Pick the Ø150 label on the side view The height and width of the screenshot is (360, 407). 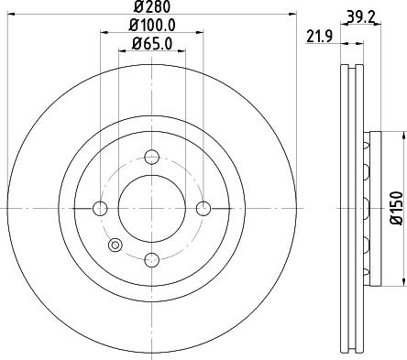(x=397, y=209)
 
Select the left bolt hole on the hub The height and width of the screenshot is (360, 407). (x=101, y=208)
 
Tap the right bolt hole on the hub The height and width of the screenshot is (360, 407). (x=203, y=208)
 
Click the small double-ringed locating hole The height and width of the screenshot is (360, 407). (x=115, y=245)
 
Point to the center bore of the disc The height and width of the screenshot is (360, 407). (x=152, y=208)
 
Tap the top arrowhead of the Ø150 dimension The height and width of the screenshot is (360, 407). (x=401, y=136)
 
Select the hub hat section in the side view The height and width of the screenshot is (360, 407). (x=370, y=208)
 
